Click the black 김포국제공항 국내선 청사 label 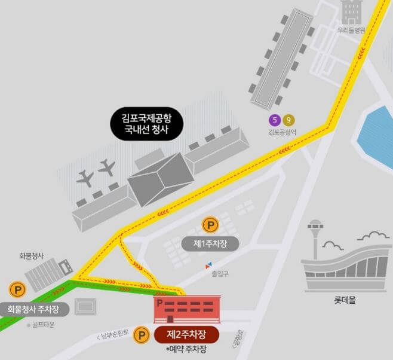(x=146, y=124)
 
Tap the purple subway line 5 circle (x=275, y=119)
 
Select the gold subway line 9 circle (x=288, y=119)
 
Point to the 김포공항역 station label (x=281, y=132)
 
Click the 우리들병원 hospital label (x=351, y=29)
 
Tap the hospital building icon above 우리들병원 (x=351, y=12)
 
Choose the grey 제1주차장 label (x=209, y=243)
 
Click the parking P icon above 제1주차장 (x=210, y=226)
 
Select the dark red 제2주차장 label (x=187, y=334)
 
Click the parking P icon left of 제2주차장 (x=142, y=334)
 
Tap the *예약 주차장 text (x=189, y=349)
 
